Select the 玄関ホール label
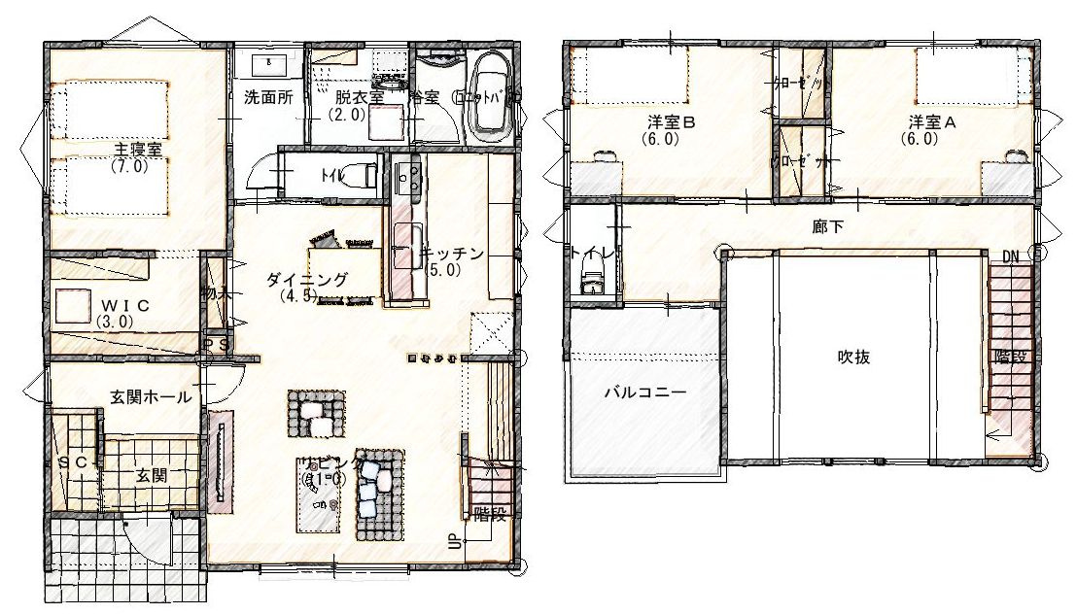pos(150,396)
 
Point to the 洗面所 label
pos(268,97)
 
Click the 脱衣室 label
pos(360,97)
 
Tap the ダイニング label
pos(306,280)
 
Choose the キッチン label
pos(452,255)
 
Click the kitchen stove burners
pos(406,176)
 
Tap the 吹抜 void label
pos(853,357)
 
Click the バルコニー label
pos(645,393)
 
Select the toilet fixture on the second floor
pos(591,281)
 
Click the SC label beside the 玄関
pos(72,463)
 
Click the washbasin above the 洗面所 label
pos(269,64)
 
